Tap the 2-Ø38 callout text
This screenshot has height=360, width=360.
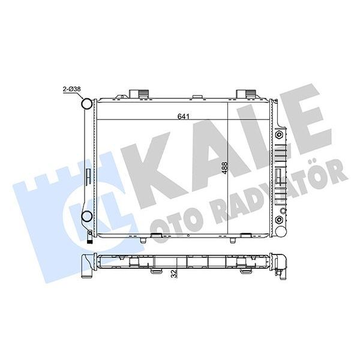(73, 90)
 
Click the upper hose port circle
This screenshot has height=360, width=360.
(86, 104)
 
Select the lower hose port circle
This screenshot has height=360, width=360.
(86, 217)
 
